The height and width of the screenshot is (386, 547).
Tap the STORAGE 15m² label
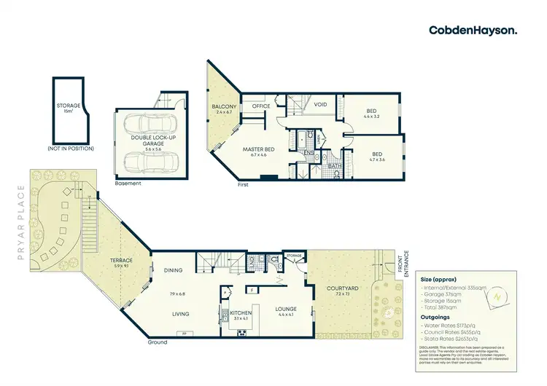(x=69, y=109)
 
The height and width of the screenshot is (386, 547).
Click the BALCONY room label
(x=222, y=110)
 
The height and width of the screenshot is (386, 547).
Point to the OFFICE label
(x=261, y=106)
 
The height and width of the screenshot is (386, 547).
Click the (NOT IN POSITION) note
(x=69, y=149)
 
